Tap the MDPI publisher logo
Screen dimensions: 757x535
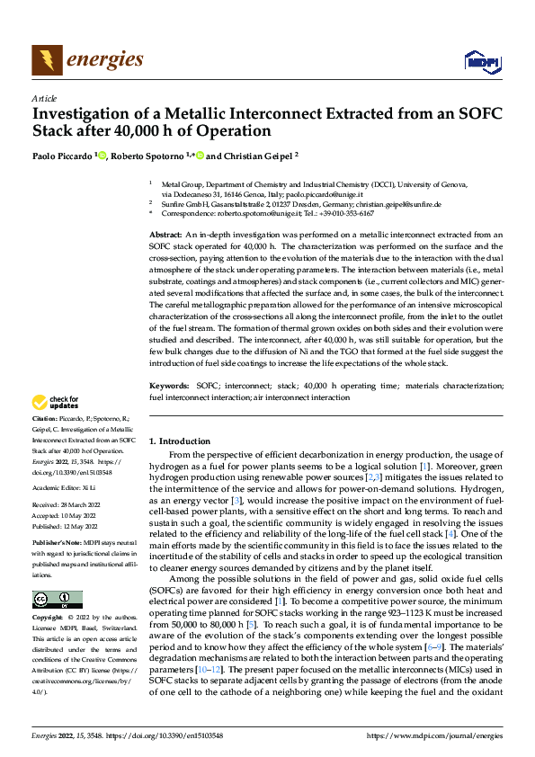click(480, 61)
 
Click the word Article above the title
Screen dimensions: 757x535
click(44, 98)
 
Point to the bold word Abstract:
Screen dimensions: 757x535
click(166, 234)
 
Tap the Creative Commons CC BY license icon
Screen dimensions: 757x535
click(57, 600)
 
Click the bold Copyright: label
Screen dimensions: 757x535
click(48, 618)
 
